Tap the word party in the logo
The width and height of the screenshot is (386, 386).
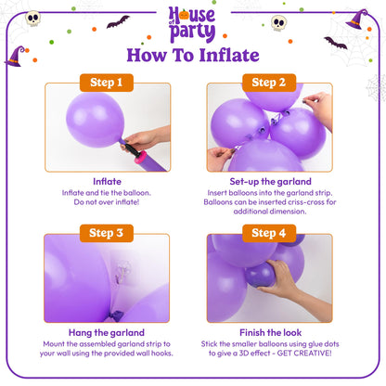[x=193, y=31]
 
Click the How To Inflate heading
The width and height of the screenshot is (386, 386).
[x=192, y=55]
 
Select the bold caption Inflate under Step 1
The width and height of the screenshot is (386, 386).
[x=108, y=181]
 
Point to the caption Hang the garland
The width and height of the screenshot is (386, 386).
[x=108, y=332]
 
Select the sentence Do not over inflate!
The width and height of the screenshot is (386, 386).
[x=108, y=202]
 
